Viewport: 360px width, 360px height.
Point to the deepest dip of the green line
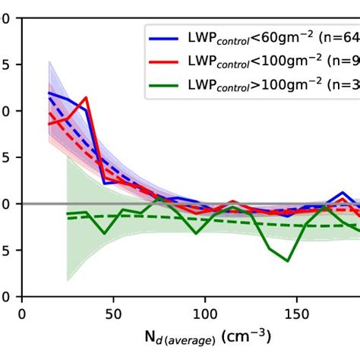point(288,261)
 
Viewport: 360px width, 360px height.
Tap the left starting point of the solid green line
point(68,213)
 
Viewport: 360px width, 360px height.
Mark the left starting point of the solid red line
point(49,124)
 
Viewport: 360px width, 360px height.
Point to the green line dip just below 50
point(104,232)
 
